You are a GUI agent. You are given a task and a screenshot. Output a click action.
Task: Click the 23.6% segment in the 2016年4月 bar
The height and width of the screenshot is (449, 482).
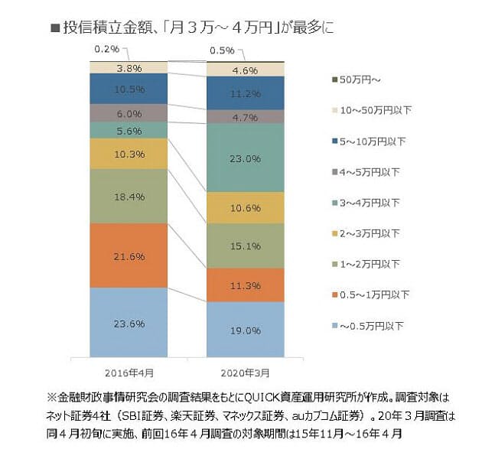tap(128, 323)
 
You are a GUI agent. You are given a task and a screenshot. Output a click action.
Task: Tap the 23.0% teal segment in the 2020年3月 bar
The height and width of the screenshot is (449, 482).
tap(246, 158)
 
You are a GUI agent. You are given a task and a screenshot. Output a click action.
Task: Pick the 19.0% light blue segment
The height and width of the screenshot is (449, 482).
tap(246, 330)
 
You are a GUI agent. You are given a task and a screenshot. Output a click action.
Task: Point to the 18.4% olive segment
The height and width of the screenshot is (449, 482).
tap(128, 197)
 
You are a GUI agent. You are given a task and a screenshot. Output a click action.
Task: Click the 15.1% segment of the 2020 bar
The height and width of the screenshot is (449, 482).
tap(246, 246)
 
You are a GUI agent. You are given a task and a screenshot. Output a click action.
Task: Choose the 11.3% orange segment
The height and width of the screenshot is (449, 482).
tap(246, 285)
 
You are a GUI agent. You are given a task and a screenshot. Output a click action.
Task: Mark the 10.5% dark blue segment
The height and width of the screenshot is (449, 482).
tap(128, 89)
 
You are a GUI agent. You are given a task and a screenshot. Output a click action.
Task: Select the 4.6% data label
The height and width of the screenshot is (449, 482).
tap(246, 70)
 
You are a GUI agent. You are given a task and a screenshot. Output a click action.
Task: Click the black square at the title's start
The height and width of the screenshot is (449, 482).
tap(55, 28)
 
